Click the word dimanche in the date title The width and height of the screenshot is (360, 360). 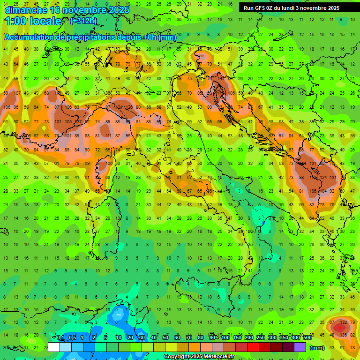[25, 9]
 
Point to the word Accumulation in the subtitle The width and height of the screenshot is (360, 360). [28, 37]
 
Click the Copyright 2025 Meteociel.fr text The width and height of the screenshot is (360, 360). [199, 357]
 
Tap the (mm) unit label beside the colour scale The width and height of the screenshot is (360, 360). [317, 348]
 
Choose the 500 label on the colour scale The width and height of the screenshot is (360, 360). [307, 338]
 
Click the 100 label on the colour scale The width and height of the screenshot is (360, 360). [225, 338]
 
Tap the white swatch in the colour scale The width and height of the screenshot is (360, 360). [54, 347]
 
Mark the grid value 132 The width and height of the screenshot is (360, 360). [343, 322]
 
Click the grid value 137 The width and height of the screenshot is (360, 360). [78, 122]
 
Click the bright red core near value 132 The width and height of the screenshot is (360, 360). [338, 328]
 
